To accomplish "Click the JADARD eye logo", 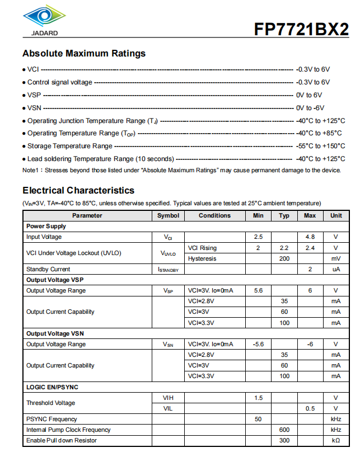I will point(41,18).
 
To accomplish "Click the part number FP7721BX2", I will point(301,30).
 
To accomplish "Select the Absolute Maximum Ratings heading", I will point(84,54).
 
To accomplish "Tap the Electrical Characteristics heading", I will point(78,190).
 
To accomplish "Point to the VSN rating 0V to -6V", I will point(310,108).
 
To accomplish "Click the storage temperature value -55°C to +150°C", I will point(320,146).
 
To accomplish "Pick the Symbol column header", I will point(168,215).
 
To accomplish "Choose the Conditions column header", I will point(214,215).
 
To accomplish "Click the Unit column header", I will point(335,215).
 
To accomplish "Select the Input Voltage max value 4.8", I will point(310,237).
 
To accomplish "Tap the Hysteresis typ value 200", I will point(284,258).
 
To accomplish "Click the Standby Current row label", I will point(48,269).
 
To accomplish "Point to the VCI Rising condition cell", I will point(202,248).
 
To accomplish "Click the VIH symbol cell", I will point(168,398).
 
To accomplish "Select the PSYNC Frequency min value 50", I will point(258,419).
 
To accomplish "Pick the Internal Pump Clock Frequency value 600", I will point(284,430).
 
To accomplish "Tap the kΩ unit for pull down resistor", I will point(335,440).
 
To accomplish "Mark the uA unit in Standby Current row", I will point(335,269).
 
